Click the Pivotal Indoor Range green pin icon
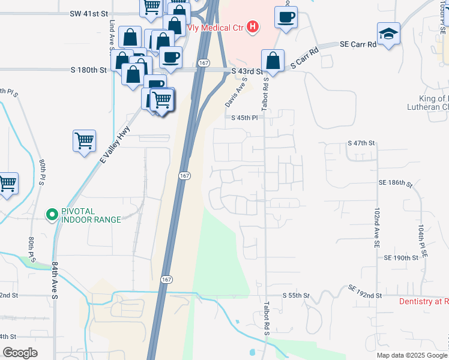52,214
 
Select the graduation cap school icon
388,34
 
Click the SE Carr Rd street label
358,44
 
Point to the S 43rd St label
247,71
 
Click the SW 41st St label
88,13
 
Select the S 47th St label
361,143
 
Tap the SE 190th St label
401,257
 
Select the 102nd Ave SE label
376,229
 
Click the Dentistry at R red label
424,301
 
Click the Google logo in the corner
20,353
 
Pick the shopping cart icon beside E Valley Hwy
85,142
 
